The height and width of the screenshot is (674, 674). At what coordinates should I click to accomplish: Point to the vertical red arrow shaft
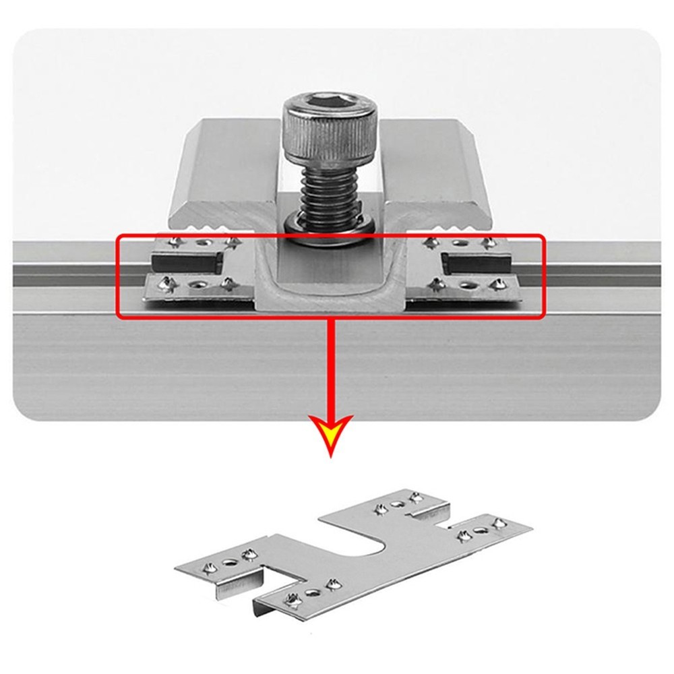(330, 364)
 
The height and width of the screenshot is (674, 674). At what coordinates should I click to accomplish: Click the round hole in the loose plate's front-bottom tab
(312, 592)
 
